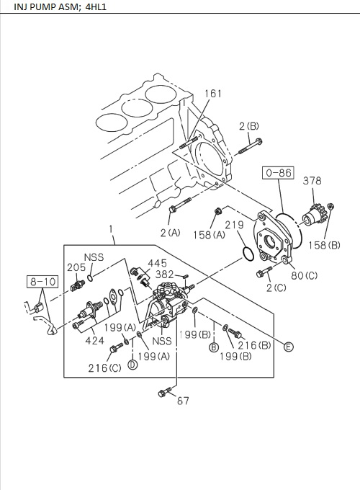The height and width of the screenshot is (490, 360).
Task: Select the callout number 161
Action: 213,94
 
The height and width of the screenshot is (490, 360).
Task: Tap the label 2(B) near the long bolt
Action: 249,127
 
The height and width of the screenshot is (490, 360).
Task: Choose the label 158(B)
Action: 325,244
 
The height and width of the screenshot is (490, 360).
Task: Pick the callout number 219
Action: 234,225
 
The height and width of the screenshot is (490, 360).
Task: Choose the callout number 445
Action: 158,263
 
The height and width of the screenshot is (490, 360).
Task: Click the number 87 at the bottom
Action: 183,401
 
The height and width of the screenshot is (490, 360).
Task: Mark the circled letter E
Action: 288,347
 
